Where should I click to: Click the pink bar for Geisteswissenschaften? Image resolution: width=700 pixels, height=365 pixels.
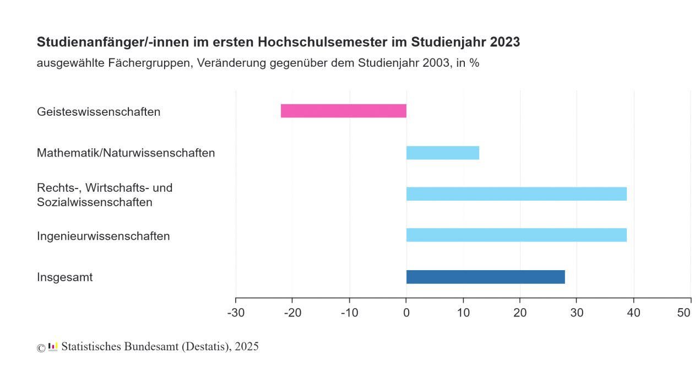tap(343, 111)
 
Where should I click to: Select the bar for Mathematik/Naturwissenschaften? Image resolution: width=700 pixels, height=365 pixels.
tap(442, 153)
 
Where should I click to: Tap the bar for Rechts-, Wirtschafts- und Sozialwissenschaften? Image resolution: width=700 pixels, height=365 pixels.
tap(516, 194)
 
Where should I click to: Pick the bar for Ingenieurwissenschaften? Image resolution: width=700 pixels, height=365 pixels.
tap(516, 235)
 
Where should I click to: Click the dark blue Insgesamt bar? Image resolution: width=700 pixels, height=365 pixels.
tap(485, 277)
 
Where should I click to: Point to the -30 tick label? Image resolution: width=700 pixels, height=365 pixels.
tap(236, 313)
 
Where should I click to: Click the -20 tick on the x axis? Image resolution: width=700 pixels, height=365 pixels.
tap(292, 313)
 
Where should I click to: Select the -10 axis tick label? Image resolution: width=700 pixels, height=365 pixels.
tap(349, 313)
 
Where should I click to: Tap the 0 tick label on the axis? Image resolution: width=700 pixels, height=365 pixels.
tap(406, 313)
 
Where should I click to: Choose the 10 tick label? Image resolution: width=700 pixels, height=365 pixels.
tap(463, 313)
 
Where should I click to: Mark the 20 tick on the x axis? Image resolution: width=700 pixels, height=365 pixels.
tap(520, 313)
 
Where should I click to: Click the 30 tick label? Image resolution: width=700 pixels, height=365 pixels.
tap(577, 313)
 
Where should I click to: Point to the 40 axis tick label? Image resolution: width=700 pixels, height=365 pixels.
tap(634, 313)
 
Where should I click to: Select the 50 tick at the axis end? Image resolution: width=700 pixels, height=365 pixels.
tap(684, 313)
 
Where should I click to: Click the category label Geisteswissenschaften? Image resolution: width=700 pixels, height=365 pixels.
tap(99, 112)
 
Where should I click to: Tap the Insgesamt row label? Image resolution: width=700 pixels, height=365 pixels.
tap(64, 277)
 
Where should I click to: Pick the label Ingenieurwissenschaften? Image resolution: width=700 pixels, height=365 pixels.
tap(103, 236)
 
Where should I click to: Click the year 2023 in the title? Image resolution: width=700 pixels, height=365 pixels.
tap(504, 42)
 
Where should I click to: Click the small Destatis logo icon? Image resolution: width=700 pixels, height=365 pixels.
tap(53, 347)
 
